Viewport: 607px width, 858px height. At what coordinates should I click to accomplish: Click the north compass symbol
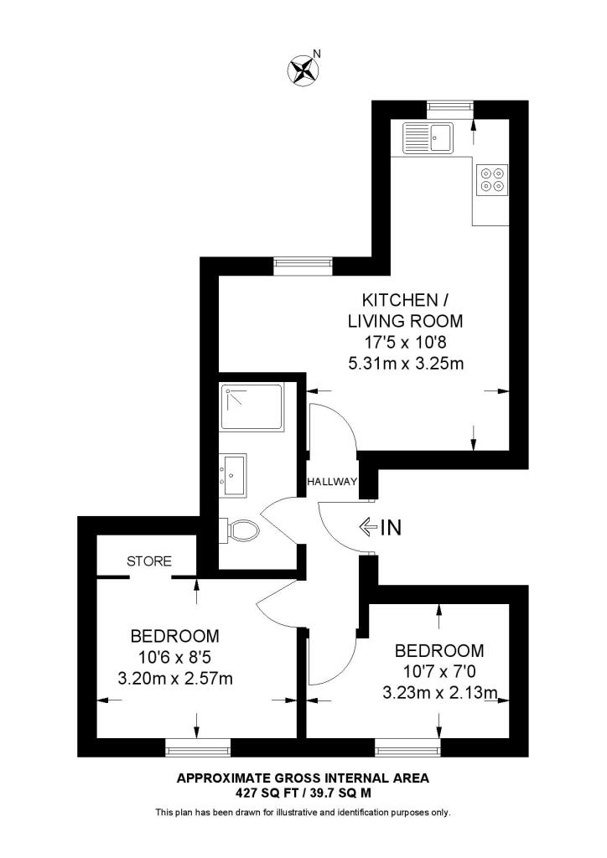point(303,70)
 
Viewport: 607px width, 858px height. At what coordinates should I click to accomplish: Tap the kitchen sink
point(428,137)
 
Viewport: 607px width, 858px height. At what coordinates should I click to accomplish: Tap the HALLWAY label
point(332,483)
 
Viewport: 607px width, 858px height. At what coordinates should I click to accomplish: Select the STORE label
point(149,561)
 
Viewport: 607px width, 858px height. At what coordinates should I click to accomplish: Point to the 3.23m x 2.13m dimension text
point(439,693)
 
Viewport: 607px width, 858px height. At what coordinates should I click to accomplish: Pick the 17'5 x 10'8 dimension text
point(405,343)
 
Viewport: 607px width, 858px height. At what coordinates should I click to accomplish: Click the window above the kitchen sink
point(449,106)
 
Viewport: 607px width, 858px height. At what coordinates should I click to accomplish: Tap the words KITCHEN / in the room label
point(398,300)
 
